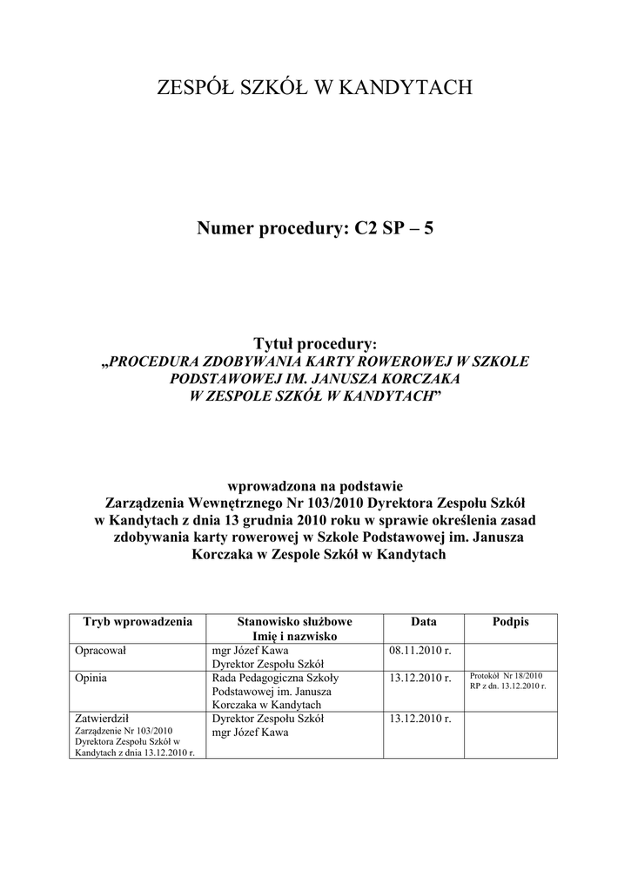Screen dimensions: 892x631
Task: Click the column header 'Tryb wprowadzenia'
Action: click(x=137, y=623)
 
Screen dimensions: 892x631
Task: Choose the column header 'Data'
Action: click(x=424, y=623)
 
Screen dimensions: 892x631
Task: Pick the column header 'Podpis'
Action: click(x=510, y=623)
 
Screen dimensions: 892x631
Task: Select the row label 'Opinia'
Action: click(x=92, y=678)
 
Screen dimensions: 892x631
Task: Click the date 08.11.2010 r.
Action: click(x=420, y=651)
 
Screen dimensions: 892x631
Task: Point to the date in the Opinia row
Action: click(x=420, y=678)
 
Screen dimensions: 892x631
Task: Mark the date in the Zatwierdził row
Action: click(x=420, y=719)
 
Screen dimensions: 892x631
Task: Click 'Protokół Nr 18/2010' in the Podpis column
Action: click(x=506, y=676)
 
